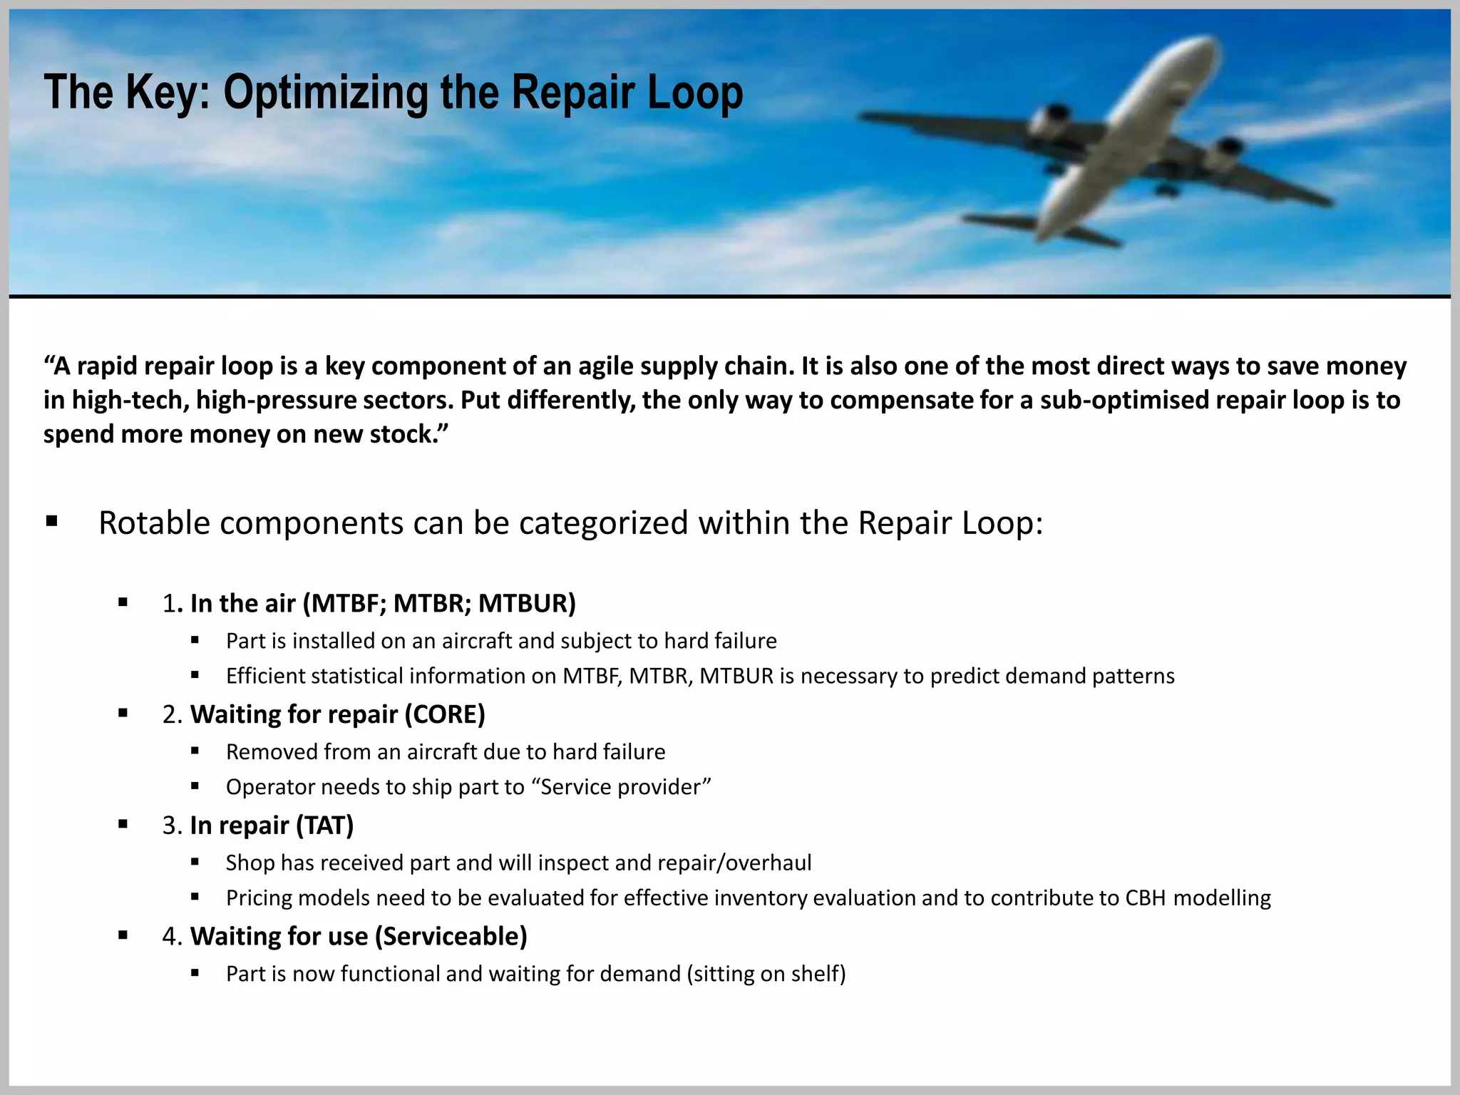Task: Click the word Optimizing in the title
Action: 325,93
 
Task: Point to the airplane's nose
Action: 1205,44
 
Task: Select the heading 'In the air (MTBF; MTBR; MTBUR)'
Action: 383,603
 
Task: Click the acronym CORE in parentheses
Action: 445,714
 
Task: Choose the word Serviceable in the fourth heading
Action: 450,936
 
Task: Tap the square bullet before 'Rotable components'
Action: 51,521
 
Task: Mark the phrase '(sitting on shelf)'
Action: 766,974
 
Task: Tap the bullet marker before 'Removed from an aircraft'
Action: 195,751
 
